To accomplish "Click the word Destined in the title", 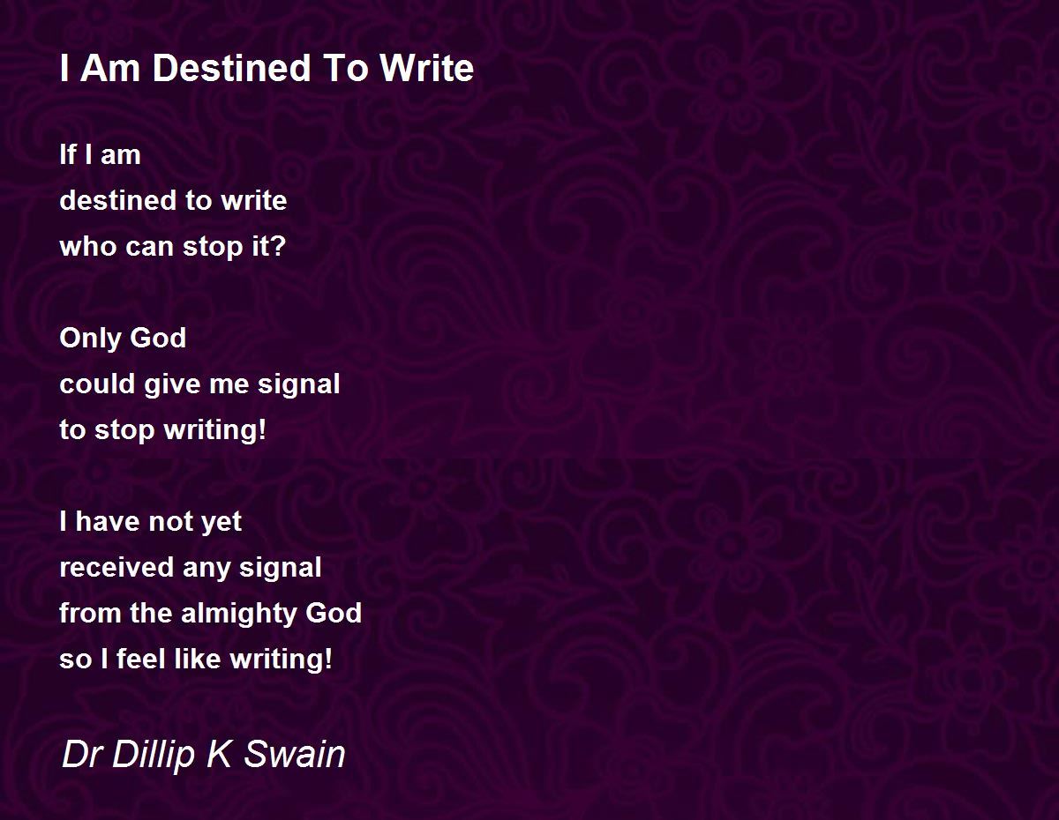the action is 231,68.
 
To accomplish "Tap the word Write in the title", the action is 427,68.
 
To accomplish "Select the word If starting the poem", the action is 68,154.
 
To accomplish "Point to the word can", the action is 150,248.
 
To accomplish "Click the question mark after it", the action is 278,246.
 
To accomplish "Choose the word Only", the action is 90,339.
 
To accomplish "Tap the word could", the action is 97,384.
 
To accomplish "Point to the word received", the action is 116,568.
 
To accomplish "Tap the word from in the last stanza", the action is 90,613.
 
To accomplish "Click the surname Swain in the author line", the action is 294,754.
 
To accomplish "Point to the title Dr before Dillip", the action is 82,754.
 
